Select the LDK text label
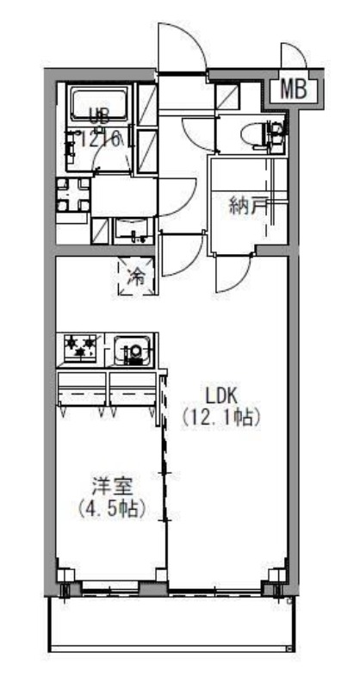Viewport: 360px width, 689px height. click(220, 397)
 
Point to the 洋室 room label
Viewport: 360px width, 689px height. click(110, 487)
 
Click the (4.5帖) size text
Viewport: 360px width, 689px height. click(110, 508)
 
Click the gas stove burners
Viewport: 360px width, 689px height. click(79, 348)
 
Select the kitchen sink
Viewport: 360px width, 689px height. click(133, 350)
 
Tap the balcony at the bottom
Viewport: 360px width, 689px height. click(172, 620)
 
